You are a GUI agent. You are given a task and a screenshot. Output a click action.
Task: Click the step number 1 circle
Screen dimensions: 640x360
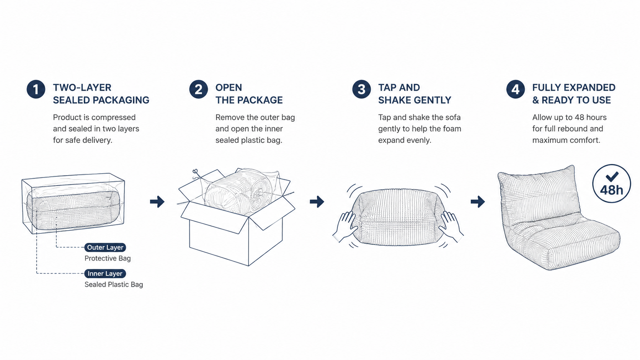[x=36, y=90]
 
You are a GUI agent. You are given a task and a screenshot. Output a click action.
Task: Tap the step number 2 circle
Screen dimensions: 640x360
[x=198, y=90]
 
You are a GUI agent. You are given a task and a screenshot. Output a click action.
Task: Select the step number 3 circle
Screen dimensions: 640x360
[x=361, y=90]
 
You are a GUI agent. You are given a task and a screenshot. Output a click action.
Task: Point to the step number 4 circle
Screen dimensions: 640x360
[x=516, y=90]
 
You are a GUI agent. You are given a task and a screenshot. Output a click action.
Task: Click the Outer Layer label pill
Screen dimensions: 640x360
[x=105, y=247]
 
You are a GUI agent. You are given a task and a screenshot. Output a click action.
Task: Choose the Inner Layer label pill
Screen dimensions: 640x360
[x=105, y=274]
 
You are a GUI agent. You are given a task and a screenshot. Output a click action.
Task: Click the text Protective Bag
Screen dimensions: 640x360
[x=108, y=258]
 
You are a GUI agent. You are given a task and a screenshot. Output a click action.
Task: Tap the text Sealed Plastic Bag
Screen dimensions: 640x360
[x=114, y=285]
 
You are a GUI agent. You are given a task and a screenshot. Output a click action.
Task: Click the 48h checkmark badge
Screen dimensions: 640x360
[x=611, y=183]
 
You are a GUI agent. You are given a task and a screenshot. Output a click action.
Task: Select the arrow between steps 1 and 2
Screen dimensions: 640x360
[x=157, y=202]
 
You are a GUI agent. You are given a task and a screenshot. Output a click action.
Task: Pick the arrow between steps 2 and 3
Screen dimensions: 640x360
[x=317, y=202]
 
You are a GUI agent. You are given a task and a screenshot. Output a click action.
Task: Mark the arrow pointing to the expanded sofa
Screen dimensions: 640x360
[x=478, y=202]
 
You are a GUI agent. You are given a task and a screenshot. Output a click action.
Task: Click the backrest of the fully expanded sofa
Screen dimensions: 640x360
[x=539, y=194]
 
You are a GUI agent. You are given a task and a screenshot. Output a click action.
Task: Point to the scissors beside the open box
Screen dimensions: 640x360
[x=196, y=174]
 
